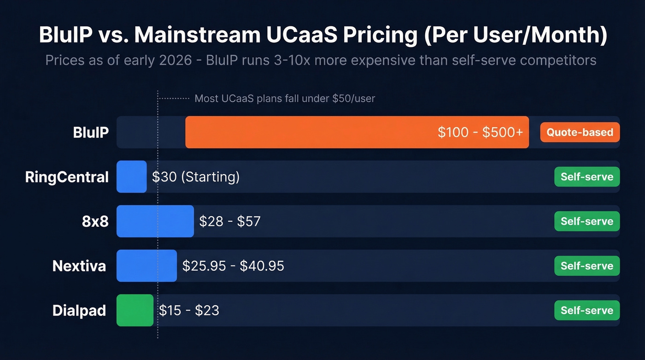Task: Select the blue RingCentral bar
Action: (x=131, y=177)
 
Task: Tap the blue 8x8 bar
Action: (x=155, y=221)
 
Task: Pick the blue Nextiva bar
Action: (x=147, y=266)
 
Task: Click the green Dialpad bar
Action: (x=135, y=310)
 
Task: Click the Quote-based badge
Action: (x=580, y=132)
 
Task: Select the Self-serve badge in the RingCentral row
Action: (x=586, y=177)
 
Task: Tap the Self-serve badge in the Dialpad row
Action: (x=586, y=310)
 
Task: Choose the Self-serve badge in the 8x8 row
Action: (x=586, y=221)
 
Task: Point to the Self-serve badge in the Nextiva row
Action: (x=586, y=266)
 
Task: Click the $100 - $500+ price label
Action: (x=480, y=132)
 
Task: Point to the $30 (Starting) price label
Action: (x=196, y=177)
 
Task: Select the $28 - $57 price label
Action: (x=229, y=221)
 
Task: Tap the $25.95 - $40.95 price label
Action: (x=233, y=266)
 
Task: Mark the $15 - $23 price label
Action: (x=189, y=310)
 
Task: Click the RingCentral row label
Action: (x=67, y=177)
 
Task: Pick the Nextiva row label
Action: (x=79, y=266)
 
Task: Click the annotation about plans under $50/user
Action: (x=285, y=98)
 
